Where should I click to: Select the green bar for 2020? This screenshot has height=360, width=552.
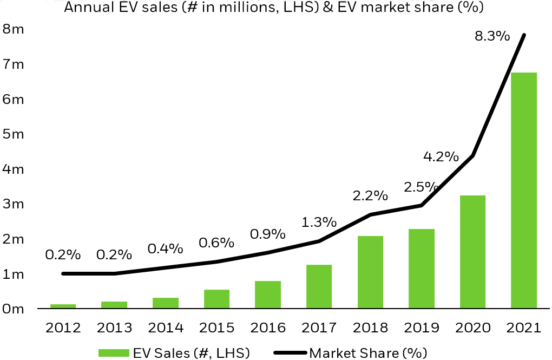pos(472,252)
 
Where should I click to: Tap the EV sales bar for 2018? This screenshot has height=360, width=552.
pos(370,272)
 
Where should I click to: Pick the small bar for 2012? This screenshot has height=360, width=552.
pos(63,306)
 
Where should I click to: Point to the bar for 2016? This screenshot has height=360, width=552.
pos(267,295)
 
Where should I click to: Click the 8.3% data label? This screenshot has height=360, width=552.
pos(492,37)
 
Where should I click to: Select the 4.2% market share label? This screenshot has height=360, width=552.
pos(441,157)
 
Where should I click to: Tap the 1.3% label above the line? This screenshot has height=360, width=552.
pos(319,222)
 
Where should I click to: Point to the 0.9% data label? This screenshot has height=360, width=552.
pos(267,234)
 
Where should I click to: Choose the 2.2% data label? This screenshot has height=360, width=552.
pos(370,195)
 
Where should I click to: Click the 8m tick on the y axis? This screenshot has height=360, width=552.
pos(13,29)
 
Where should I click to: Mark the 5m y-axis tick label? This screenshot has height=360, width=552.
pos(13,134)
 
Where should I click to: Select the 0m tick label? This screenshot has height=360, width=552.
pos(13,309)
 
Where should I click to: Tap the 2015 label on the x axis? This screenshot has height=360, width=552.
pos(216,328)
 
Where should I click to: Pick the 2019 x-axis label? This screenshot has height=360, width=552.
pos(421,328)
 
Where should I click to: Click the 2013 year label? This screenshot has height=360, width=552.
pos(114,328)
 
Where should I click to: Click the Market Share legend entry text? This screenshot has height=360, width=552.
pos(368,353)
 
